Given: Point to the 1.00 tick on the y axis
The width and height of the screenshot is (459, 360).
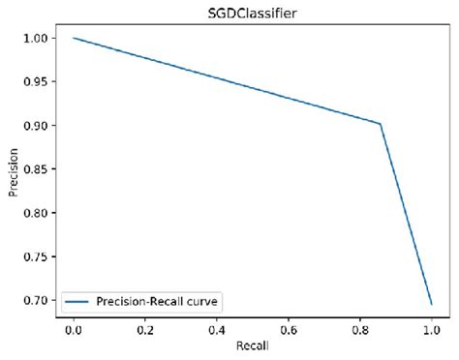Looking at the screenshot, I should point(36,38).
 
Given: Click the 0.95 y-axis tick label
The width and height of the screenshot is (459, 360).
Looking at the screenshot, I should point(36,81).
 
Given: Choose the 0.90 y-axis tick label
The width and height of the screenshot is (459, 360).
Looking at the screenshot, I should point(36,125).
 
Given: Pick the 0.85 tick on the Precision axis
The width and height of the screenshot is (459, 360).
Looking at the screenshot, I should point(36,168).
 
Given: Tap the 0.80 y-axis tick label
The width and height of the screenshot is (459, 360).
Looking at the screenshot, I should point(36,212).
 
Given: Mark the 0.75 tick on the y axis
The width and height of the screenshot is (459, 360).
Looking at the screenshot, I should point(36,255).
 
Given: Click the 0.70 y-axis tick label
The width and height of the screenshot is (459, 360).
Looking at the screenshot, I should point(36,299).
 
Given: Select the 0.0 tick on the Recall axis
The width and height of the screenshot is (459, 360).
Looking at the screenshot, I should point(74,329).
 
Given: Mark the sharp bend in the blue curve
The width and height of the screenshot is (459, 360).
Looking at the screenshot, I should point(381,124).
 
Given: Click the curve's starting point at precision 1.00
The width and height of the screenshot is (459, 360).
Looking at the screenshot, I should point(74,38).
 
